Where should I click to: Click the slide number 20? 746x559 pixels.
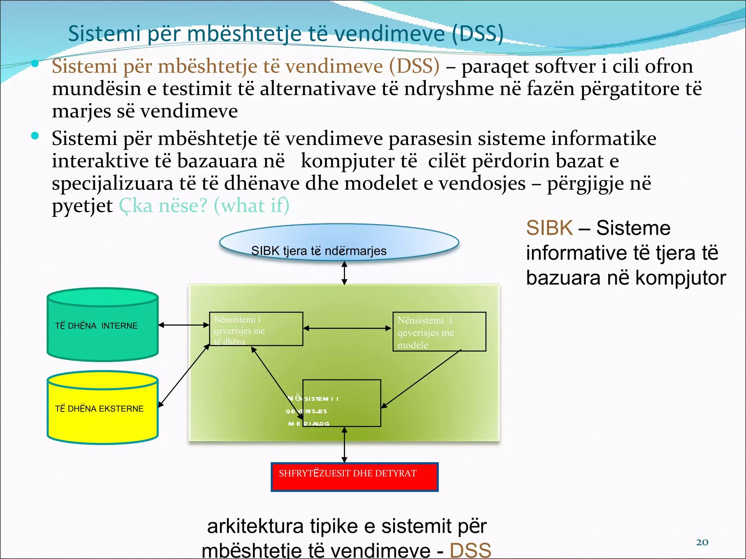click(702, 542)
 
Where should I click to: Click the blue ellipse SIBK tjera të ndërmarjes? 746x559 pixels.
click(339, 242)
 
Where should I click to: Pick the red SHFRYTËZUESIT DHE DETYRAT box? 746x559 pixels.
click(354, 477)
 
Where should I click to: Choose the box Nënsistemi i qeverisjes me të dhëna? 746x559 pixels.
click(256, 329)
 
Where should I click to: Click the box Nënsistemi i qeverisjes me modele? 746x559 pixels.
click(439, 332)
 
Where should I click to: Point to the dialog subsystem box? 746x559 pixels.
click(342, 403)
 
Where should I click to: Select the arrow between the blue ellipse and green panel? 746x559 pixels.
click(344, 273)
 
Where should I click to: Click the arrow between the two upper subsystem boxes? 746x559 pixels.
click(348, 328)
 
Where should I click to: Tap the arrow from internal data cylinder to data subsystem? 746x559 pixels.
click(184, 325)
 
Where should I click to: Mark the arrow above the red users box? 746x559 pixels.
click(344, 445)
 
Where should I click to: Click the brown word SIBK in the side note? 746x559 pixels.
click(549, 228)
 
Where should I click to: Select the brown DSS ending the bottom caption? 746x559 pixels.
click(470, 550)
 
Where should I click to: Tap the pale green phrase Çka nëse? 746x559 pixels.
click(163, 206)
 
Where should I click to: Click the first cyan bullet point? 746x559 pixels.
click(35, 64)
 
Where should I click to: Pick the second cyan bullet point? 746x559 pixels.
click(35, 136)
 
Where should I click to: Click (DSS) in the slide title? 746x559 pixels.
click(478, 33)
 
